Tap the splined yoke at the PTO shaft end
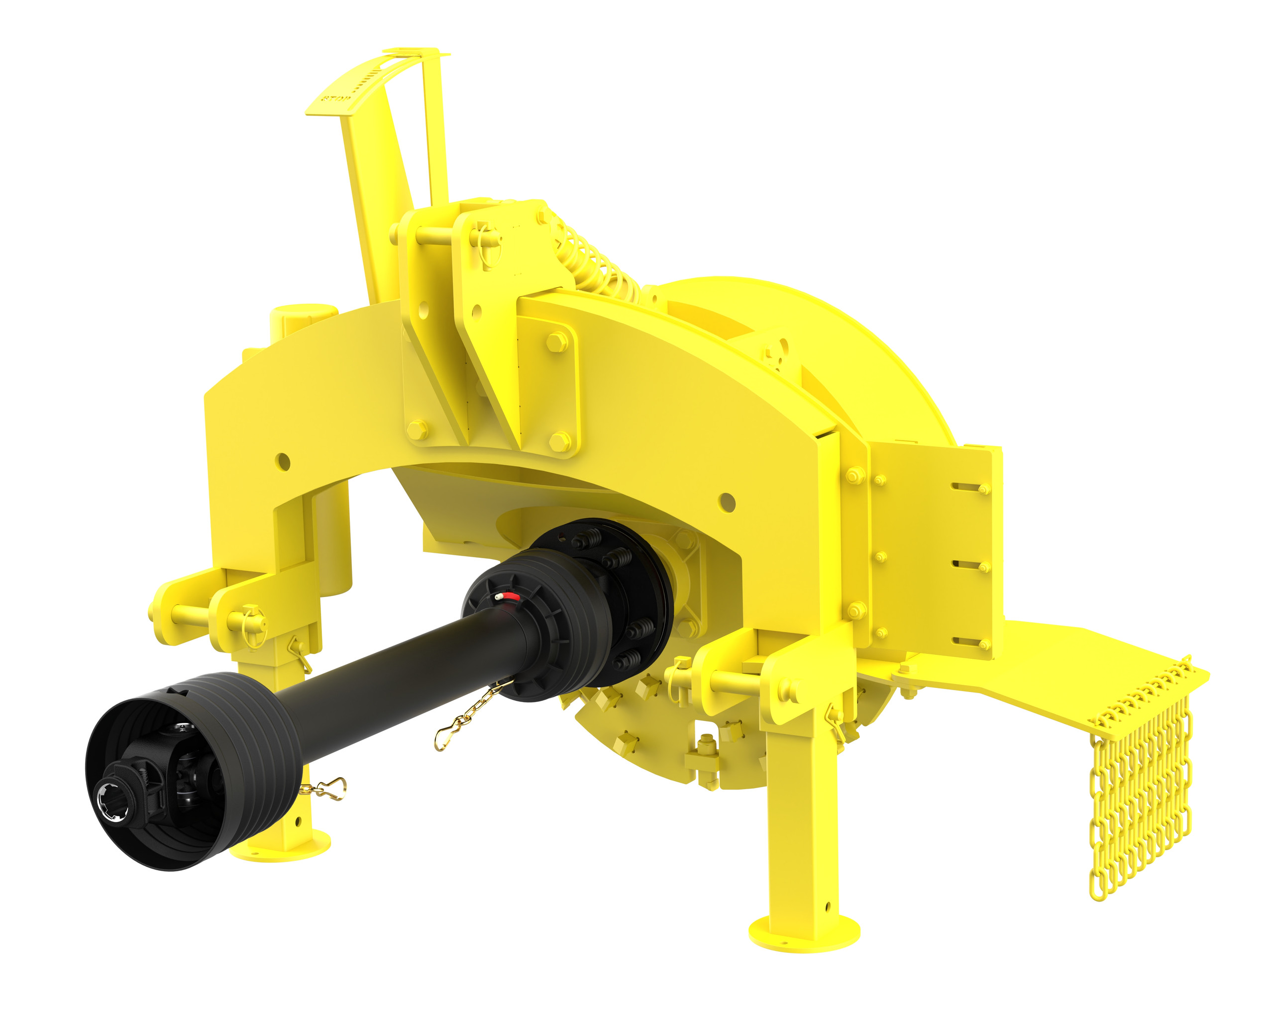pyautogui.click(x=112, y=799)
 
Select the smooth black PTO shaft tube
pyautogui.click(x=402, y=668)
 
